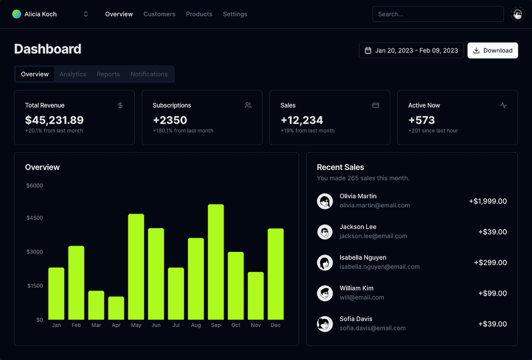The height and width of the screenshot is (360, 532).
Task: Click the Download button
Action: [x=493, y=50]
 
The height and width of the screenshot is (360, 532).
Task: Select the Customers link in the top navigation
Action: [x=159, y=14]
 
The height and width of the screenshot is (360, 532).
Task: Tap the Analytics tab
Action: [x=73, y=74]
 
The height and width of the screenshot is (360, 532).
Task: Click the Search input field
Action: [x=438, y=14]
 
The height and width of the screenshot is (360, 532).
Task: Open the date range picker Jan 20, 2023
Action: [x=411, y=50]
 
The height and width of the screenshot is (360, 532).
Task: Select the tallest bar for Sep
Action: [x=216, y=262]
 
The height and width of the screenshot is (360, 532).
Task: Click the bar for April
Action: [x=116, y=308]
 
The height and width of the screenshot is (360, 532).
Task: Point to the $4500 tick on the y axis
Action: [x=34, y=218]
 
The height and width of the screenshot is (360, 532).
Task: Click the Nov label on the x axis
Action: [x=256, y=325]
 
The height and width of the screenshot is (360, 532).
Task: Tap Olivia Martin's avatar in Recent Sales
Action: [x=325, y=201]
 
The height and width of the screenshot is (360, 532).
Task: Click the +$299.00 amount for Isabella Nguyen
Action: [x=490, y=263]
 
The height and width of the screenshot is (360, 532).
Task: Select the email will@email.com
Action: [x=362, y=298]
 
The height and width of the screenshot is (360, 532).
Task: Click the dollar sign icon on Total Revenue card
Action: [x=120, y=105]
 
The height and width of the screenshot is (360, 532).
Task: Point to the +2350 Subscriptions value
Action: [x=170, y=120]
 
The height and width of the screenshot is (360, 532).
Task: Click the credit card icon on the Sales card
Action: [x=376, y=105]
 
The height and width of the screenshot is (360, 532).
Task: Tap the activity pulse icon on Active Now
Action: [x=503, y=105]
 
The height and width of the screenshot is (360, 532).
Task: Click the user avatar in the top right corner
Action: [x=517, y=15]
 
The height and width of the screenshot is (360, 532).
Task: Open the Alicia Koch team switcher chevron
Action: [x=86, y=14]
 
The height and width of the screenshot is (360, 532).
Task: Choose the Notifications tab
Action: [x=149, y=74]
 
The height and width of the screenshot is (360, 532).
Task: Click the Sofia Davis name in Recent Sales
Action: [x=356, y=319]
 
